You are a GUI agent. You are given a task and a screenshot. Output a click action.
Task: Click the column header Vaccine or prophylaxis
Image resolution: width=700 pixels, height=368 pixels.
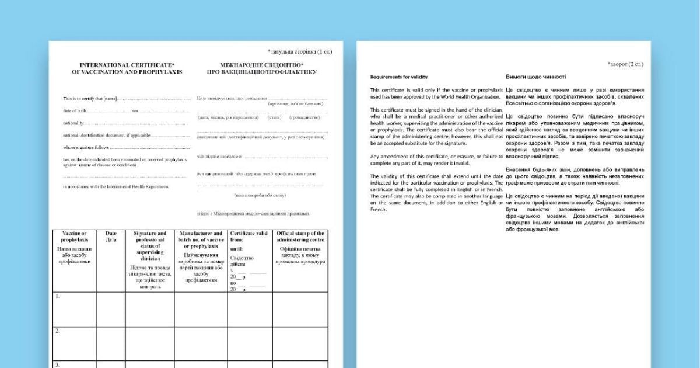coord(74,237)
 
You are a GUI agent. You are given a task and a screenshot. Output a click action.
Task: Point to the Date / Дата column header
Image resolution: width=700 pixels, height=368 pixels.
coord(111,237)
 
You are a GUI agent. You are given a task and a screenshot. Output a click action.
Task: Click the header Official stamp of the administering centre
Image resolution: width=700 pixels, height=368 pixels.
coord(300,237)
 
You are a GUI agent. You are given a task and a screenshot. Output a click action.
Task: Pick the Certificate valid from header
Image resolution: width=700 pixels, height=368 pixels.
coord(250,237)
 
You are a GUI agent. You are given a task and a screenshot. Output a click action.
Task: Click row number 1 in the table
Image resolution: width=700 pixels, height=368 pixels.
coord(57,296)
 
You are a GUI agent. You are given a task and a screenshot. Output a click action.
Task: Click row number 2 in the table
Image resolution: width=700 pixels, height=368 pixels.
coord(57,331)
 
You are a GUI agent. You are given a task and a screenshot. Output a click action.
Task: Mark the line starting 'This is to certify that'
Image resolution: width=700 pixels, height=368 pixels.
coord(91,98)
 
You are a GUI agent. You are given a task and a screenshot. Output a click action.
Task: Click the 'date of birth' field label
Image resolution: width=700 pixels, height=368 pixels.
coord(75,110)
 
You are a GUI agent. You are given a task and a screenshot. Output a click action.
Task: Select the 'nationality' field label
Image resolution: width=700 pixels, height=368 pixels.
coord(73,123)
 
